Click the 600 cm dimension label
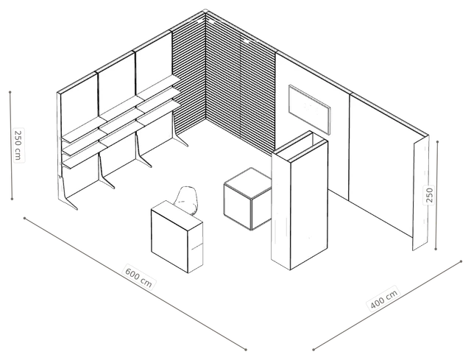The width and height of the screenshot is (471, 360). click(x=139, y=277)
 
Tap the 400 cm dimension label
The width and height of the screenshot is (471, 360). click(x=384, y=298)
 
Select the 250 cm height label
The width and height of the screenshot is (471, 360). click(x=18, y=145)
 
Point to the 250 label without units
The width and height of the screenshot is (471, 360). click(x=430, y=195)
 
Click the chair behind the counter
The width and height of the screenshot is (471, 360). click(x=187, y=199)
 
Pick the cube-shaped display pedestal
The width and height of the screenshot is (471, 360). click(x=248, y=198)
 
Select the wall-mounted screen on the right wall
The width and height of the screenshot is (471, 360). click(x=310, y=109)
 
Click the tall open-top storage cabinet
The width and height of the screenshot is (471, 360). click(x=300, y=200)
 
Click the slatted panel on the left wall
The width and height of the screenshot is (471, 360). click(x=188, y=77)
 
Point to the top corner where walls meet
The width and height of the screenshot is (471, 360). click(x=205, y=11)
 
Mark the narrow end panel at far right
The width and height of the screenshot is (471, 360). click(x=420, y=194)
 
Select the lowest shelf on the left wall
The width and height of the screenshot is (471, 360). click(x=120, y=135)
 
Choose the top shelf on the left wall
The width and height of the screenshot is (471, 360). click(x=120, y=109)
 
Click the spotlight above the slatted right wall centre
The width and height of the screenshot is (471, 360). click(x=247, y=41)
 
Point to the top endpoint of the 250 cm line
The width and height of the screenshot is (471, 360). click(x=10, y=92)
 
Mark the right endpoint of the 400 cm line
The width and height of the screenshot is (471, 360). click(x=461, y=261)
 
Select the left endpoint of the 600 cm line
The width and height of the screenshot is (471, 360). click(x=24, y=218)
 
